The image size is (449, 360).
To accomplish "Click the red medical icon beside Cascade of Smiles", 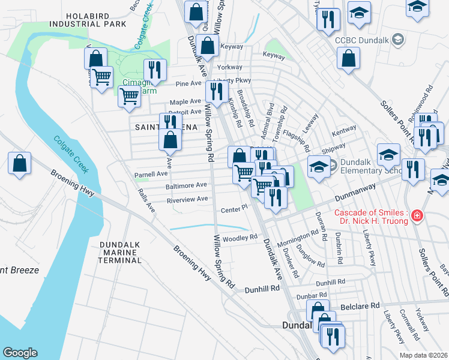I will point(417,215).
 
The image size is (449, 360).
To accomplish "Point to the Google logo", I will point(20,352).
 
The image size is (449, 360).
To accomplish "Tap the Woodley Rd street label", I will point(240,238).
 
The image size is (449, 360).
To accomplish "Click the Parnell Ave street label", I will point(151,174).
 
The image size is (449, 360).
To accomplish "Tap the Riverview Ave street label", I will point(187,199).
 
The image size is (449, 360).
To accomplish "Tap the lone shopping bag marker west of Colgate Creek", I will point(19,163).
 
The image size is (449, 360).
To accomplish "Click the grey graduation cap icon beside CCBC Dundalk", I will point(396,40).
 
